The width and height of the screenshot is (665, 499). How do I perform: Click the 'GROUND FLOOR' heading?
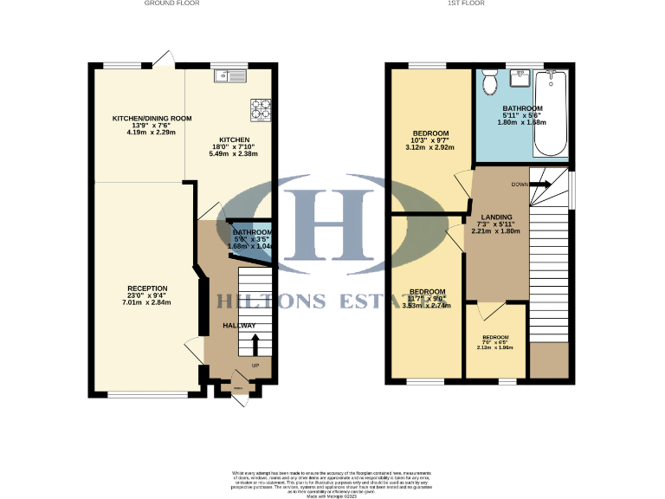pyautogui.click(x=171, y=3)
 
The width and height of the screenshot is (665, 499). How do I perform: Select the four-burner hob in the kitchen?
pyautogui.click(x=261, y=109)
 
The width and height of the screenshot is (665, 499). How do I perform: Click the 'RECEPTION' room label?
pyautogui.click(x=147, y=288)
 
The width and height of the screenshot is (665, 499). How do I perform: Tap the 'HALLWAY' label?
pyautogui.click(x=239, y=326)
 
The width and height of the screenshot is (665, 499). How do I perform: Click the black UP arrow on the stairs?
pyautogui.click(x=254, y=343)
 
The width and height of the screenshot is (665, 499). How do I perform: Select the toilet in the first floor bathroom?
pyautogui.click(x=490, y=82)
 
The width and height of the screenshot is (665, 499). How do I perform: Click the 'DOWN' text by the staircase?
pyautogui.click(x=520, y=185)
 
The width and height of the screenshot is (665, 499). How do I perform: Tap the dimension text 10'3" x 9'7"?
pyautogui.click(x=429, y=140)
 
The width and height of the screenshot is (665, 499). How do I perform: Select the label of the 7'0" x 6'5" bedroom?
pyautogui.click(x=495, y=337)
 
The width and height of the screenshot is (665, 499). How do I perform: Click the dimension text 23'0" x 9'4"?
pyautogui.click(x=147, y=295)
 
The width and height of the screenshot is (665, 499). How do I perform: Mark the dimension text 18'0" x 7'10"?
pyautogui.click(x=234, y=147)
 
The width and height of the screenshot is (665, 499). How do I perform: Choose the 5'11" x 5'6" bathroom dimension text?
pyautogui.click(x=522, y=116)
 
